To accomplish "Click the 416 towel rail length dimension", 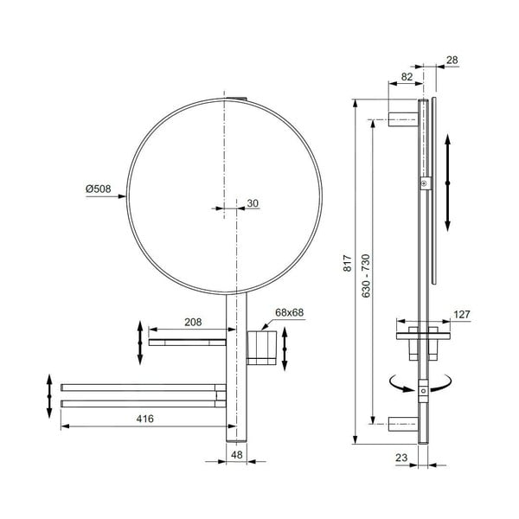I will pyautogui.click(x=145, y=419).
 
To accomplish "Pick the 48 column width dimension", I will pyautogui.click(x=235, y=453).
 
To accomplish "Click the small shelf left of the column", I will pyautogui.click(x=187, y=343).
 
